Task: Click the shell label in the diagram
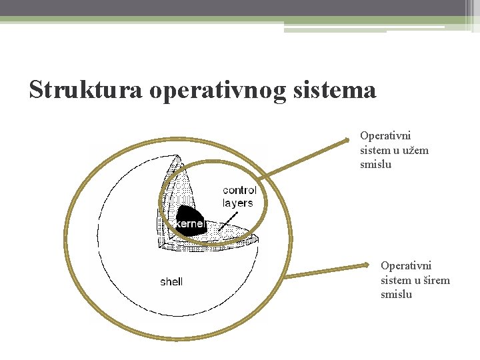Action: coord(171,282)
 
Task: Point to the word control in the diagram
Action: coord(239,191)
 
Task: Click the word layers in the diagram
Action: coord(237,203)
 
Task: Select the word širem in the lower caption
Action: coord(436,280)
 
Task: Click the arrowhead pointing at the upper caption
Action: coord(345,139)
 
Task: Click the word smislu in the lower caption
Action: coord(397,294)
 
